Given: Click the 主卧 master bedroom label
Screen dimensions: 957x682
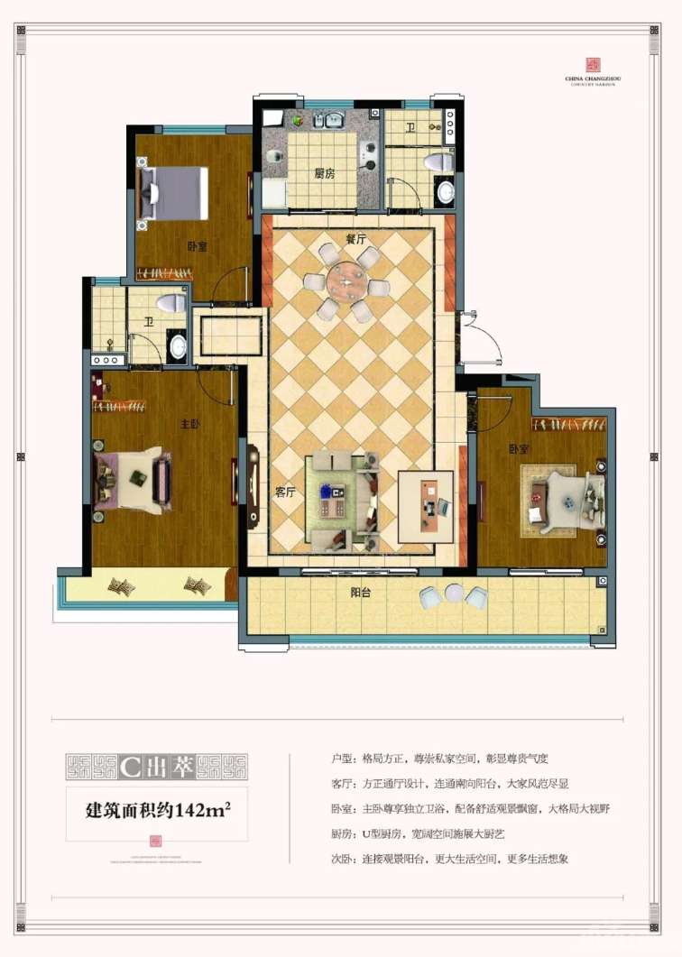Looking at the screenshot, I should pyautogui.click(x=190, y=425).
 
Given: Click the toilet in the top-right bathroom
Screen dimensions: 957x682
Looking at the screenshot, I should pyautogui.click(x=437, y=162).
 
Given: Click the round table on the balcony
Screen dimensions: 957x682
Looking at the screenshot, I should pyautogui.click(x=454, y=594).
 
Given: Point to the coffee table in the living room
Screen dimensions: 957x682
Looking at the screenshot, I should pyautogui.click(x=336, y=498).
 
